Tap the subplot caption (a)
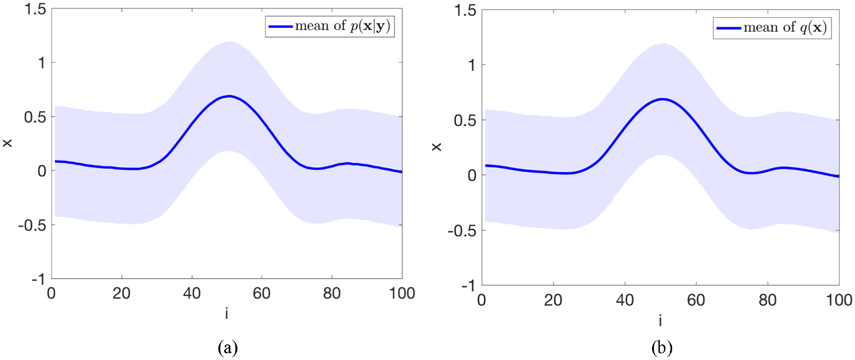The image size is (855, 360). click(x=228, y=348)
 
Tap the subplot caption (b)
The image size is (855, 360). click(x=664, y=348)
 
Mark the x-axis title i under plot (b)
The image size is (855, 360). click(x=660, y=320)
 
